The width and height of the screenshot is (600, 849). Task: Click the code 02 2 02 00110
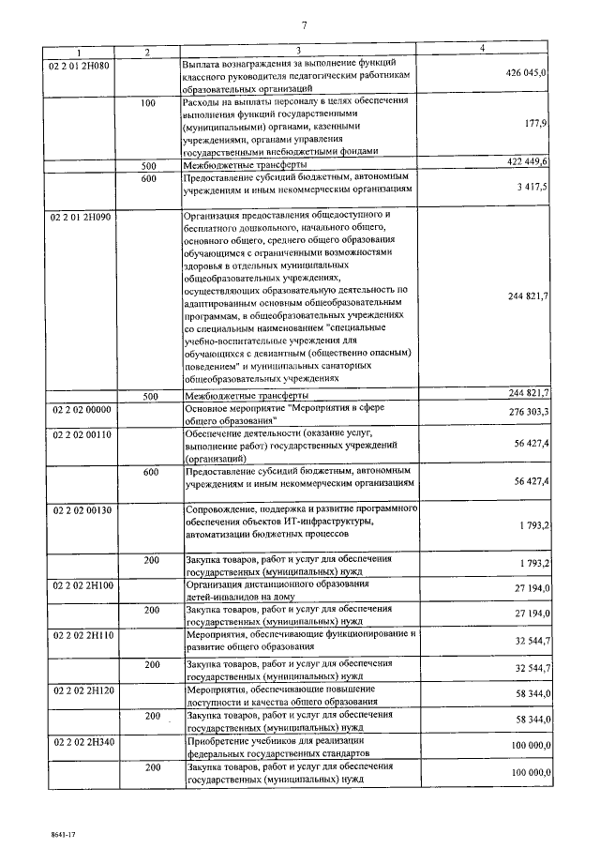81,434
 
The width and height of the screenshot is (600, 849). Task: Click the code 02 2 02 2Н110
81,635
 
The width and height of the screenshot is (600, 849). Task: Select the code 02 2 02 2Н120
81,687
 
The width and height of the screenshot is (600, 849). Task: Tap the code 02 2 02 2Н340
81,740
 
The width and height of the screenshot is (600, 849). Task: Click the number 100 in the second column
148,103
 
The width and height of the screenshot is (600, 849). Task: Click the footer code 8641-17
37,831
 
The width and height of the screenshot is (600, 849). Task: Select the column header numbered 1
81,51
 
